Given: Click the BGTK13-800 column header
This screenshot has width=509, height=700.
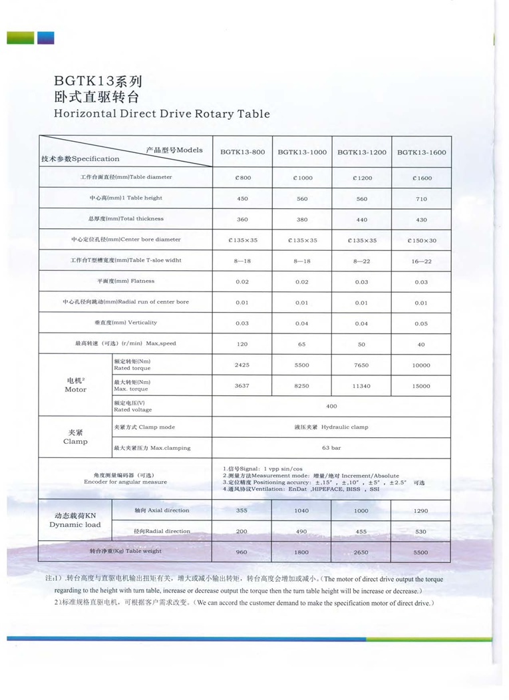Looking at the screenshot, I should [x=242, y=152].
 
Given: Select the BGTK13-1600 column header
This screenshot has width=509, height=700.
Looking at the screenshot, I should [x=421, y=152].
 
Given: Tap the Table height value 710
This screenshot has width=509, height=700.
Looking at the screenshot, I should [x=421, y=199].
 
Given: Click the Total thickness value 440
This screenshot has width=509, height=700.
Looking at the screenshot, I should [x=361, y=220].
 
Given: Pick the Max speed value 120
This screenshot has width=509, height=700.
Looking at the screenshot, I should [x=242, y=344].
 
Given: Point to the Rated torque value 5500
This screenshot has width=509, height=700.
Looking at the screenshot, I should [x=301, y=365].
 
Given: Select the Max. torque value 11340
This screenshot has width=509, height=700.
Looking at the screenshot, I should [x=361, y=386].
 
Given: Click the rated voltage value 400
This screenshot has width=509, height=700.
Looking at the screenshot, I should [x=331, y=406].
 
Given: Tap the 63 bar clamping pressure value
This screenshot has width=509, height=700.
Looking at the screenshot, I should [x=331, y=448].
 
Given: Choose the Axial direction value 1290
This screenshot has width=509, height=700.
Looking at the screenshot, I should [x=421, y=511].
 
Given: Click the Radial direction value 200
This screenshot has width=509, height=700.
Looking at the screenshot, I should [x=242, y=532].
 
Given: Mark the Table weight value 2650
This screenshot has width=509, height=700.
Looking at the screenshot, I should [x=361, y=552].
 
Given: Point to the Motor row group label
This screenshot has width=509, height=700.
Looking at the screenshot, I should [x=75, y=385].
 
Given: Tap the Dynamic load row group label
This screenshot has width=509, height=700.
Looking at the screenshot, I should [x=75, y=520].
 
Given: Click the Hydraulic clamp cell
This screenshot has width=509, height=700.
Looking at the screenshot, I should [x=331, y=427].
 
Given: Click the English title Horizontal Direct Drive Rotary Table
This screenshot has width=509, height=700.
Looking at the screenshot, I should [x=162, y=113].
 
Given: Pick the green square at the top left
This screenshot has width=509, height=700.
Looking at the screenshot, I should [x=21, y=38].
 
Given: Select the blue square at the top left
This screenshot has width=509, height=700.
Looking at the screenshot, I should [x=45, y=38].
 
